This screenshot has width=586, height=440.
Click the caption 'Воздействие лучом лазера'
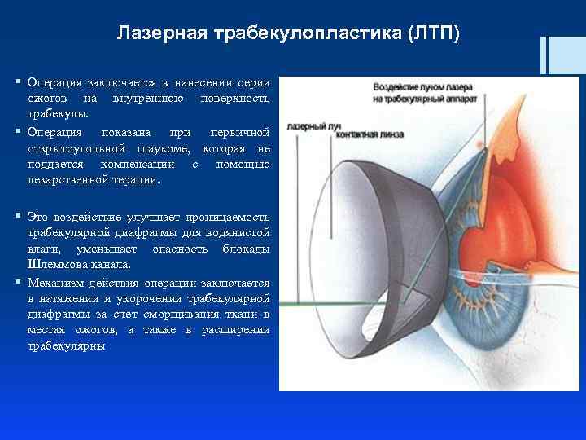[x=424, y=87]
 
